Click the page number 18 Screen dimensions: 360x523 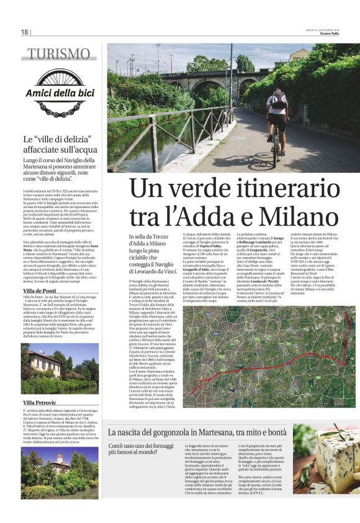pyautogui.click(x=24, y=32)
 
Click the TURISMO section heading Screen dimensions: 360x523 pyautogui.click(x=58, y=54)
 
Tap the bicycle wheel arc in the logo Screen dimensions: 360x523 pyautogui.click(x=58, y=74)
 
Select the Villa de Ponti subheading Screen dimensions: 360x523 pyautogui.click(x=40, y=291)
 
